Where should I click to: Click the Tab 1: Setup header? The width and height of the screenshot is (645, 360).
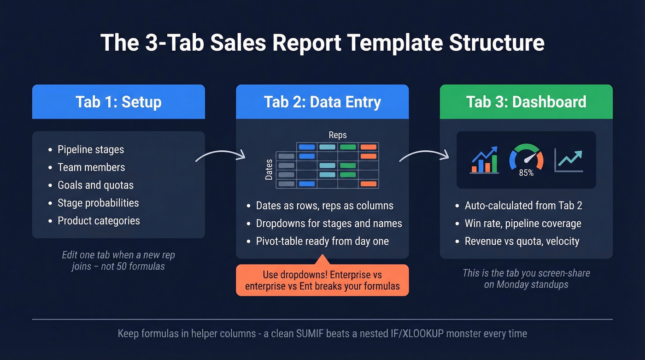[x=118, y=102]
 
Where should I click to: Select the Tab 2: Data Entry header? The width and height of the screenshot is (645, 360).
[x=322, y=102]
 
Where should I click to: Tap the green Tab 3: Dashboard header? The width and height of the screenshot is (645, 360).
[x=526, y=102]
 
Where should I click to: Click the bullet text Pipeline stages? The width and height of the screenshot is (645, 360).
[x=91, y=149]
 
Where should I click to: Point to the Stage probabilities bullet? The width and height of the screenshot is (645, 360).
[x=98, y=203]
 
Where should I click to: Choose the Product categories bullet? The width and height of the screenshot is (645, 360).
[x=99, y=221]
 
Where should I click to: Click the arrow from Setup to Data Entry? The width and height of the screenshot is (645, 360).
[x=220, y=155]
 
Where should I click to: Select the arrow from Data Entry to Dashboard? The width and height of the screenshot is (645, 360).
[x=424, y=155]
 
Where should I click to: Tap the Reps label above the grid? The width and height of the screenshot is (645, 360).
[x=338, y=135]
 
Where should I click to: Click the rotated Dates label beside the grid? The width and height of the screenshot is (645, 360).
[x=269, y=169]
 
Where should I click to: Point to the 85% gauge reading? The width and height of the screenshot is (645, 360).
[x=526, y=173]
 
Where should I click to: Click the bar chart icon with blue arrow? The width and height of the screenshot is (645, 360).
[x=484, y=160]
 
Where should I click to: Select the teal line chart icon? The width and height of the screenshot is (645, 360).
[x=569, y=160]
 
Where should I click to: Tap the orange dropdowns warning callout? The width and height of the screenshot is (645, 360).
[x=322, y=280]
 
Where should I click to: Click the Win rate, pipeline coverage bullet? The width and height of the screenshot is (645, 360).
[x=523, y=224]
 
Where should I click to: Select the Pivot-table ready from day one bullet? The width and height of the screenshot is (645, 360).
[x=322, y=241]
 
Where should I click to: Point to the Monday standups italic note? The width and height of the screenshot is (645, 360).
[x=526, y=278]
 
